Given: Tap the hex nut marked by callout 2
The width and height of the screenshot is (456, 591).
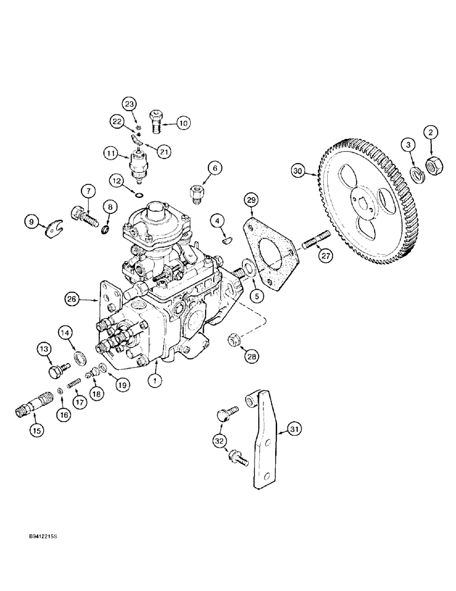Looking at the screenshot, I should [431, 168].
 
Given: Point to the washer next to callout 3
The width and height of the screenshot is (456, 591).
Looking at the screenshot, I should [416, 174].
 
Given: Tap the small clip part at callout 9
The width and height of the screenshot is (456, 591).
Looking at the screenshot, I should [53, 226].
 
